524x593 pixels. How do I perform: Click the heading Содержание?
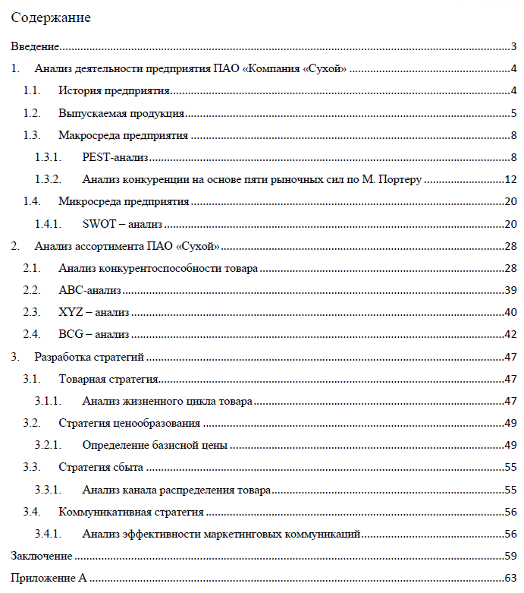pos(51,17)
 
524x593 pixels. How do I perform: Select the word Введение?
pos(35,47)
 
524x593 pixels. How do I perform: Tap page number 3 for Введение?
pos(513,47)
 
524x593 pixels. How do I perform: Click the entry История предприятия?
pos(114,92)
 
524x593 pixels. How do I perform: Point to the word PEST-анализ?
pos(115,158)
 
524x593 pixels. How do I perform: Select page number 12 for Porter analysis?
pos(510,180)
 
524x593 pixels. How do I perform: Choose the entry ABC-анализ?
pos(90,290)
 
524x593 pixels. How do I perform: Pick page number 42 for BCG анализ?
pos(510,334)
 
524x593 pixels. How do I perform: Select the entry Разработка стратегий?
pos(89,356)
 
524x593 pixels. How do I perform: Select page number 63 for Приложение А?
pos(510,579)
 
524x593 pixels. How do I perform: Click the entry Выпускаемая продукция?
pos(121,114)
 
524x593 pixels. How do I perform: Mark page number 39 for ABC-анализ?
pos(510,290)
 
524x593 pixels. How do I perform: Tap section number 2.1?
pos(31,268)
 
